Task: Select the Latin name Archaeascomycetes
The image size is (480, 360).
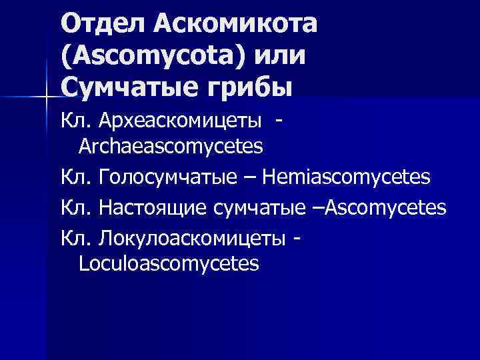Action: click(x=171, y=145)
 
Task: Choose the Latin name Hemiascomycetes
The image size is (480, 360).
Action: click(x=347, y=177)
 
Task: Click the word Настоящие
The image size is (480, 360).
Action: click(x=155, y=209)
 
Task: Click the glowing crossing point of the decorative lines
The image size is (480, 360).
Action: click(x=46, y=98)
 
